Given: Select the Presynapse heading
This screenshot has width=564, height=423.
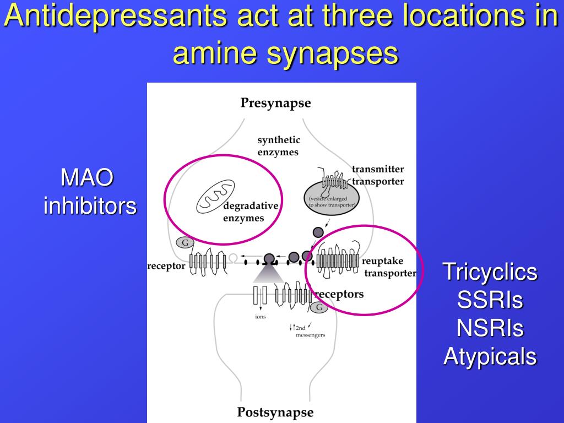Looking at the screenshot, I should click(x=275, y=103).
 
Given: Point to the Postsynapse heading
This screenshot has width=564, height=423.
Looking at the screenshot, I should click(x=275, y=412).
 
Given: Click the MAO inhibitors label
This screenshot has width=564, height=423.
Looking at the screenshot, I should click(x=90, y=192).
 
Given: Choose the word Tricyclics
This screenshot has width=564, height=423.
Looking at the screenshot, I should click(x=490, y=272).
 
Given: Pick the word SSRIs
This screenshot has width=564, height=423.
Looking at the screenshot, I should click(x=490, y=300).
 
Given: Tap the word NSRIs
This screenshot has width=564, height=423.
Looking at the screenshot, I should click(x=490, y=328).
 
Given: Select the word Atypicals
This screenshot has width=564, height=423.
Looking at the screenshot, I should click(x=490, y=356).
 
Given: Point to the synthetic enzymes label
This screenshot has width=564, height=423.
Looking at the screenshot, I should click(x=279, y=146).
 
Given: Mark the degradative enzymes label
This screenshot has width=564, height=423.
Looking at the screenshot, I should click(x=250, y=212).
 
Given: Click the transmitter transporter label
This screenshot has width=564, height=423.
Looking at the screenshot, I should click(x=378, y=175).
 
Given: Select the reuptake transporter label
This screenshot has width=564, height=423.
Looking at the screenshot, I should click(x=389, y=267).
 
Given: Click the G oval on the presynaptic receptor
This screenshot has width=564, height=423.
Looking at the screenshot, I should click(x=185, y=242).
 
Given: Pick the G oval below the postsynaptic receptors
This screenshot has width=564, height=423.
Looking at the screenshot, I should click(x=319, y=307).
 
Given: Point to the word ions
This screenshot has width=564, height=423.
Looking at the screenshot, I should click(x=260, y=317).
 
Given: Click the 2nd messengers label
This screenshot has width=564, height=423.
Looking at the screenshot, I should click(x=308, y=331).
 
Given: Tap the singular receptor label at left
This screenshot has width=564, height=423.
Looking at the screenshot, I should click(x=166, y=267).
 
